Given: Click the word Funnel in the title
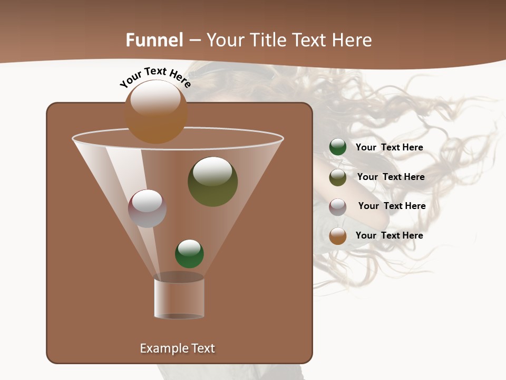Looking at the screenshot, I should [154, 40].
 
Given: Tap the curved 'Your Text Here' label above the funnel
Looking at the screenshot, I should [155, 78].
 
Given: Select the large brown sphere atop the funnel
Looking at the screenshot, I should [156, 112].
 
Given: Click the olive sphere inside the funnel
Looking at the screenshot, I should [212, 182].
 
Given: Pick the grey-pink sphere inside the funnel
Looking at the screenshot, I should [147, 208].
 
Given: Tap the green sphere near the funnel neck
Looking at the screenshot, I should [189, 254].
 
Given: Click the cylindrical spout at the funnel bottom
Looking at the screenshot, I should [179, 299].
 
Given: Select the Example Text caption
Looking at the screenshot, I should [177, 348].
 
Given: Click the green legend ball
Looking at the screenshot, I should [338, 147].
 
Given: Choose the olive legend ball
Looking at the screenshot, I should [338, 177].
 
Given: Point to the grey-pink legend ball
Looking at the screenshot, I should [338, 207].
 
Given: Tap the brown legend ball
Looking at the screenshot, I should [338, 236].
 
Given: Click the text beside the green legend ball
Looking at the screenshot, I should [389, 147].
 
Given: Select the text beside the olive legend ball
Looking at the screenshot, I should [391, 177].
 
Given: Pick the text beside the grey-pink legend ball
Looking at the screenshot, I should [392, 206].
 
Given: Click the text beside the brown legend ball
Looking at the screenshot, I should [389, 235].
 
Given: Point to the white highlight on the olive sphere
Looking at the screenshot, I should [212, 171].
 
